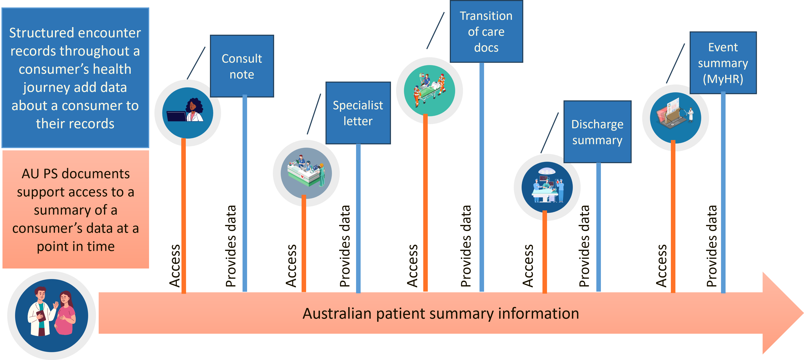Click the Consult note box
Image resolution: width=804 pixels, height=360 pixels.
pyautogui.click(x=242, y=66)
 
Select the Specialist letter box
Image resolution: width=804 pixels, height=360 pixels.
pyautogui.click(x=358, y=113)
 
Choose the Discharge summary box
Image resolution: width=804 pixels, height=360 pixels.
pyautogui.click(x=597, y=132)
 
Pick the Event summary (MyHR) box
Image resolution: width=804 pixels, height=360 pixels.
pyautogui.click(x=723, y=63)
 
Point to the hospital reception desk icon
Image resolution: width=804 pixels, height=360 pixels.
pyautogui.click(x=306, y=173)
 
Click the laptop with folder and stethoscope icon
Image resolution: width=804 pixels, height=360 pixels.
pyautogui.click(x=675, y=118)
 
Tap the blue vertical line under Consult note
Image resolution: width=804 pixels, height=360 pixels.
pyautogui.click(x=245, y=194)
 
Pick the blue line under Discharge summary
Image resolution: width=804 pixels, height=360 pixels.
pyautogui.click(x=598, y=228)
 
